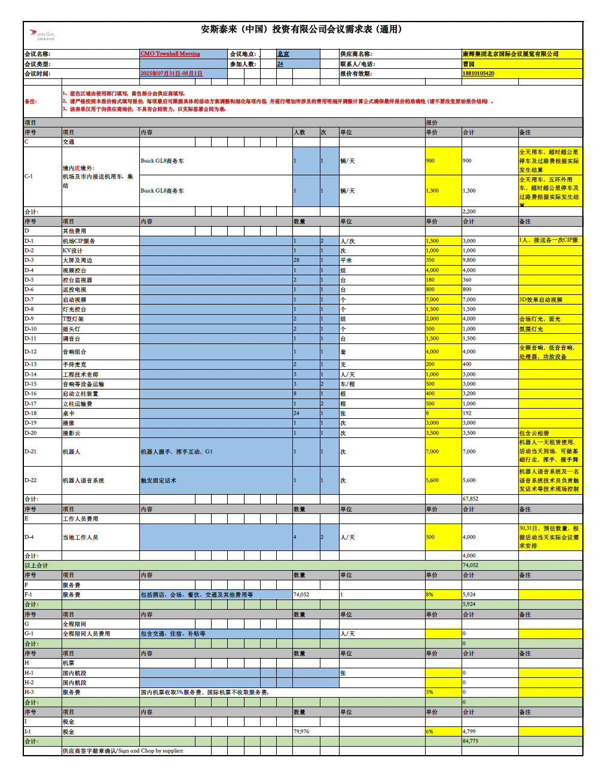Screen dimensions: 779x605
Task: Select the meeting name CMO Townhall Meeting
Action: (170, 54)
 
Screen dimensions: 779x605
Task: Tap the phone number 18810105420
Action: (478, 74)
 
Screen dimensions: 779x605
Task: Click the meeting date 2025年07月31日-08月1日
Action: (172, 74)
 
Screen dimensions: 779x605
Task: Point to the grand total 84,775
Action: (470, 741)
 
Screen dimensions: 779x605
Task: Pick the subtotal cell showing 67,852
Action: (470, 498)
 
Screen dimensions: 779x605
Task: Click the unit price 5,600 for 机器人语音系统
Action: (433, 480)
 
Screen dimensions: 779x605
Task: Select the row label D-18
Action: (30, 413)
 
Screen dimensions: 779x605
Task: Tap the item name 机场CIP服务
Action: (79, 241)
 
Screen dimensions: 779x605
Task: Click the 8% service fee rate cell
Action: (429, 595)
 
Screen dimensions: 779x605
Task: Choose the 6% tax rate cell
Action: (429, 732)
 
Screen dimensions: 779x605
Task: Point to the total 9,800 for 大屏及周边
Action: (469, 260)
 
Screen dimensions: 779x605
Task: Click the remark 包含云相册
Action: (534, 433)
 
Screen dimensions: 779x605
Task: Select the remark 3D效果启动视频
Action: (540, 300)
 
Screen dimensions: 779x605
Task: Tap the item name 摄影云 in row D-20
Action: (71, 433)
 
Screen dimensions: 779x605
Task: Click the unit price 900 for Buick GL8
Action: (430, 161)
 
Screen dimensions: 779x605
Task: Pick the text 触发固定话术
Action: (158, 480)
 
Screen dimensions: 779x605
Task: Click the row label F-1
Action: (29, 595)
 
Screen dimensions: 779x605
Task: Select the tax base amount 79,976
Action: (301, 732)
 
